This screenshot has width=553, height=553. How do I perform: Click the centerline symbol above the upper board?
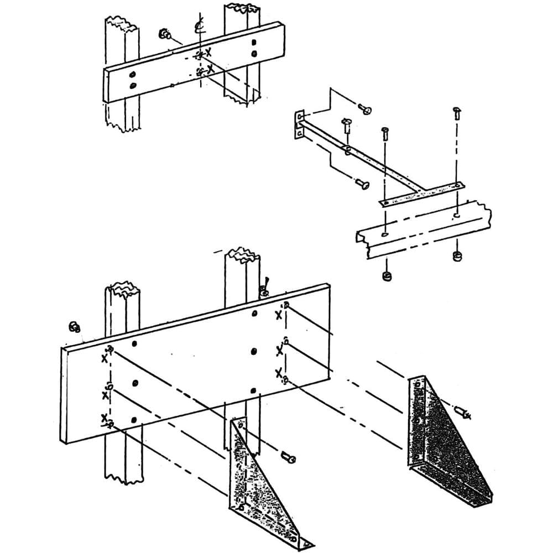(200, 26)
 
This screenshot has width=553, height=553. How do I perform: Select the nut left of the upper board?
(164, 34)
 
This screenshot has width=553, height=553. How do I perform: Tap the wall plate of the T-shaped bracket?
(299, 124)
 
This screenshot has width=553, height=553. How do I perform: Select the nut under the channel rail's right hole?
(457, 256)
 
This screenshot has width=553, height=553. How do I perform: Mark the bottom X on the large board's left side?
(104, 419)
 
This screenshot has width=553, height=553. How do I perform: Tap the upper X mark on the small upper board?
(208, 52)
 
